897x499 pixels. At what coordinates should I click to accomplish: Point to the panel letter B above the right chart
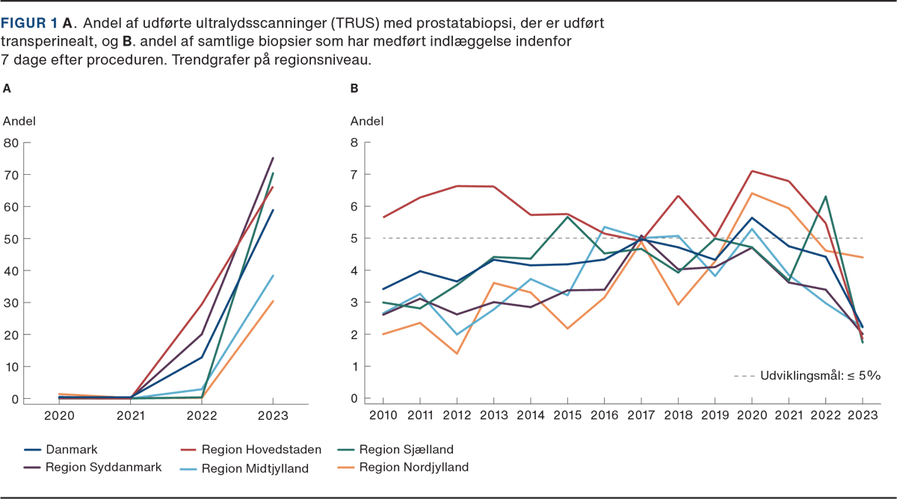[x=354, y=88]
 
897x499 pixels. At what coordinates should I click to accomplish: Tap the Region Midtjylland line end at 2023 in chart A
[x=274, y=276]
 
